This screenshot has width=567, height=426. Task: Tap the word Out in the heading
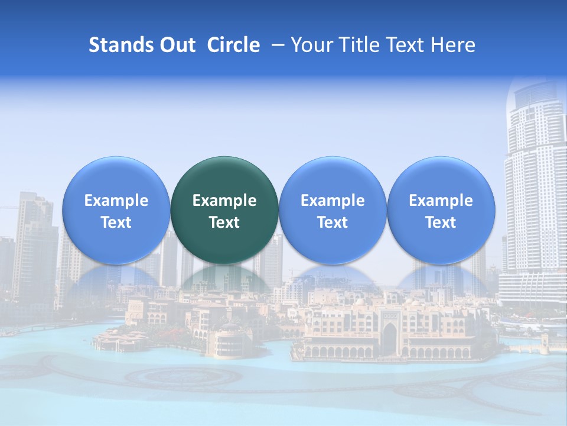pyautogui.click(x=176, y=45)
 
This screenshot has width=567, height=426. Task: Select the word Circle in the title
pyautogui.click(x=233, y=45)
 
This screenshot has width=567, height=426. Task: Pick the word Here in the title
pyautogui.click(x=454, y=45)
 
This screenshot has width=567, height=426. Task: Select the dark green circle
pyautogui.click(x=224, y=209)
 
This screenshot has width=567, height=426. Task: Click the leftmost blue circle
pyautogui.click(x=116, y=209)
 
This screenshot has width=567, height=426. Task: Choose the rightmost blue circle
pyautogui.click(x=441, y=209)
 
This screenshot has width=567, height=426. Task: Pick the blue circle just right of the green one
pyautogui.click(x=333, y=209)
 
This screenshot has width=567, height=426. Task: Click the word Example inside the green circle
pyautogui.click(x=224, y=201)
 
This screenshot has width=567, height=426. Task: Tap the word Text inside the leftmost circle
pyautogui.click(x=116, y=222)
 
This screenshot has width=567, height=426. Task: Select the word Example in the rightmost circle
pyautogui.click(x=441, y=201)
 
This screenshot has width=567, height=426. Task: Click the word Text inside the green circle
pyautogui.click(x=224, y=222)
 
